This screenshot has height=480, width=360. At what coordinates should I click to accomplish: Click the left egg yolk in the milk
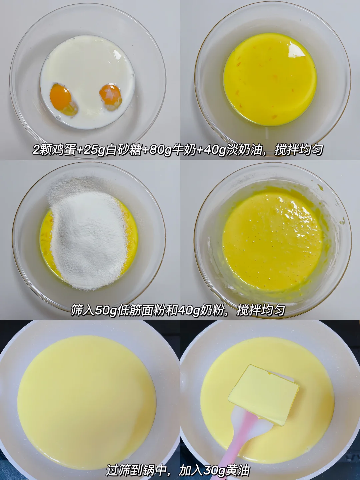coord(61,96)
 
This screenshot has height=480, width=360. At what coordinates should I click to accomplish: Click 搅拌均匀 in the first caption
coord(299,150)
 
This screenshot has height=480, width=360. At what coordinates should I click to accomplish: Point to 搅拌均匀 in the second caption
coord(261,310)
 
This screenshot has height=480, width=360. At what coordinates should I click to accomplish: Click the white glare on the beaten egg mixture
coord(296,49)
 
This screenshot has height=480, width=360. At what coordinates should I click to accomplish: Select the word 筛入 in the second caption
coord(83,310)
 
